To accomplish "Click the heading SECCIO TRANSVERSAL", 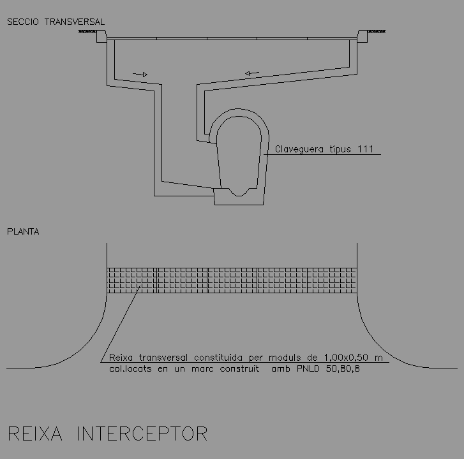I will tap(56, 22).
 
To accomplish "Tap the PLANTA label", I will tap(23, 231).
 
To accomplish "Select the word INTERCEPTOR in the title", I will tap(142, 434).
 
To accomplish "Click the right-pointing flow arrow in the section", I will tap(140, 75).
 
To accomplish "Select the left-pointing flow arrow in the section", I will tap(251, 73).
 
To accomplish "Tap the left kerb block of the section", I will tap(101, 37).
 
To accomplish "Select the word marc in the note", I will tap(207, 368).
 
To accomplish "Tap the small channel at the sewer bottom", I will tap(241, 191).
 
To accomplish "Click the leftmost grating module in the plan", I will tap(131, 280).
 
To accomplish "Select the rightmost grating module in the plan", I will tap(331, 280).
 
